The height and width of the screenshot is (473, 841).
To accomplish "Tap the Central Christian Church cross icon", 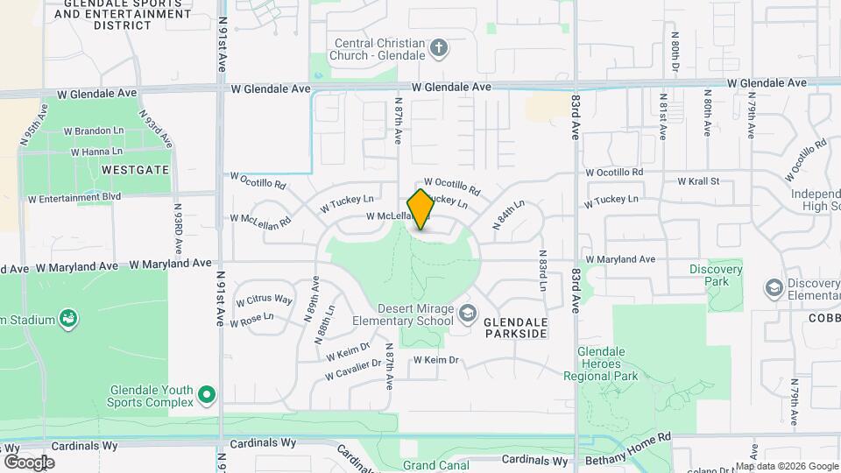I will [x=439, y=46].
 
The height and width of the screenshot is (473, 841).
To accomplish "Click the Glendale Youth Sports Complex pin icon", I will [x=207, y=396].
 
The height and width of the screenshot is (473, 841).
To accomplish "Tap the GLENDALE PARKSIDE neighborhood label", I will [x=515, y=328].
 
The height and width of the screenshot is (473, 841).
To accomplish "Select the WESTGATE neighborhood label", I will [x=135, y=169].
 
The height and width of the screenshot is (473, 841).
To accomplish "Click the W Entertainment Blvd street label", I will [x=74, y=198].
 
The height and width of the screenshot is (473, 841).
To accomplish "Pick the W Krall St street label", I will [x=697, y=181].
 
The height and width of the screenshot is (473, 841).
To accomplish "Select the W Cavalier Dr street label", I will [x=353, y=369].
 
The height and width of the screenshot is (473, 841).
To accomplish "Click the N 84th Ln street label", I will [x=508, y=215].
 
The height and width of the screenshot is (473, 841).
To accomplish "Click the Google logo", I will [x=29, y=462].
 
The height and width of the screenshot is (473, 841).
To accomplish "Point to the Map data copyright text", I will [x=786, y=466].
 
